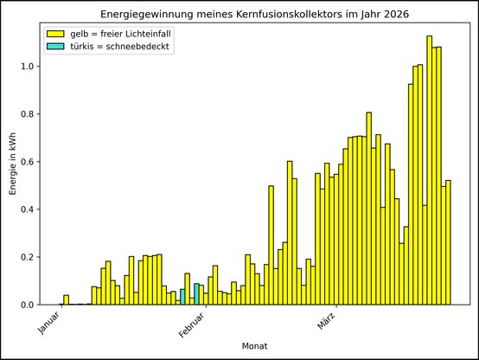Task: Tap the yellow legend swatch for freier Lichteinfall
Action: [56, 33]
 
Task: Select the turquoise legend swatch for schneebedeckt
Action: [56, 47]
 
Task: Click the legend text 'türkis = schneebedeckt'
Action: [121, 47]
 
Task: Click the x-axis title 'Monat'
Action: [253, 346]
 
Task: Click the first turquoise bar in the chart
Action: [182, 297]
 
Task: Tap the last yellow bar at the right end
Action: [449, 242]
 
